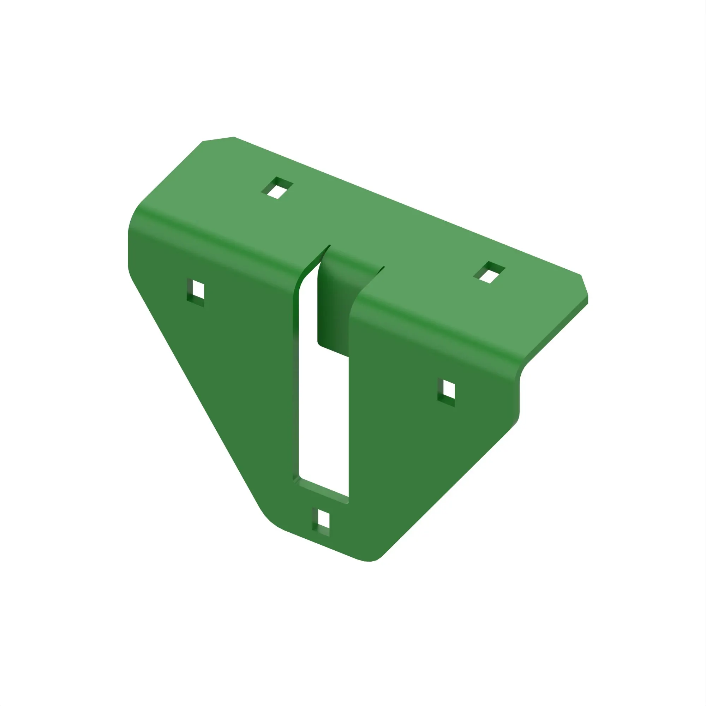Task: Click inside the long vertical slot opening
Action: (x=323, y=420)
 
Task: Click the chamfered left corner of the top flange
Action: (x=218, y=139)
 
